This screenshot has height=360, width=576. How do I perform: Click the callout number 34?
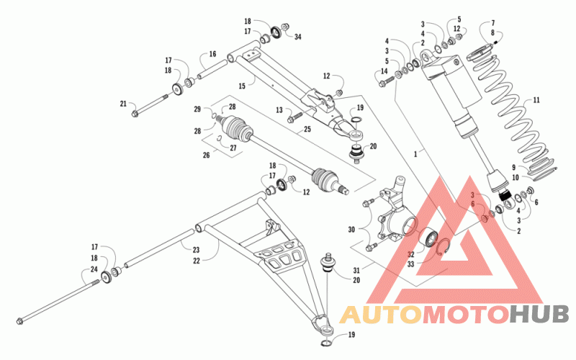tap(297, 37)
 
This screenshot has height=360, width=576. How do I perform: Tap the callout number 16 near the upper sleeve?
tap(212, 54)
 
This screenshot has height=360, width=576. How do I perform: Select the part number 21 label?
tap(123, 104)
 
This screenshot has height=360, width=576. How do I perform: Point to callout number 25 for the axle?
tap(307, 130)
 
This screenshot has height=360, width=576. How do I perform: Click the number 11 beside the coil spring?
tap(536, 100)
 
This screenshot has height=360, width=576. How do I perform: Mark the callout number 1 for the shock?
tap(415, 154)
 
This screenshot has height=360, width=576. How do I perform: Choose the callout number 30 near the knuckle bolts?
tap(351, 230)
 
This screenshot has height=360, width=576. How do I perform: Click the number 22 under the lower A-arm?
tap(197, 261)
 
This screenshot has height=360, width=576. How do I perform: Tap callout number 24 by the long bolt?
tap(94, 269)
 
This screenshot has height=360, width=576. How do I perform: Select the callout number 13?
tap(279, 110)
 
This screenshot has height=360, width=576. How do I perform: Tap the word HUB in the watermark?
tap(539, 315)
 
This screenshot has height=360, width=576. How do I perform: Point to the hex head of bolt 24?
tap(20, 321)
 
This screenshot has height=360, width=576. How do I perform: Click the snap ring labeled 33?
tap(444, 246)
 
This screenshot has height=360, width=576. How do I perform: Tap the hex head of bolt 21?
tap(135, 114)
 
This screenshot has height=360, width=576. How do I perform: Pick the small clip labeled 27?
tap(218, 138)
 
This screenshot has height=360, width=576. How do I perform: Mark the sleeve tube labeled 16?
tap(212, 70)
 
